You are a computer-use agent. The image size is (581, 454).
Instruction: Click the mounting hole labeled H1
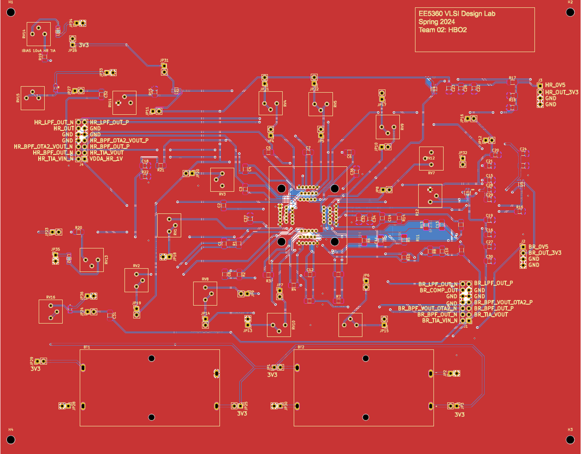(11, 12)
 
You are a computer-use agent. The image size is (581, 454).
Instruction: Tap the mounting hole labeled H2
(570, 12)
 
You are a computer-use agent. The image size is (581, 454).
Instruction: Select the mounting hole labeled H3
(570, 439)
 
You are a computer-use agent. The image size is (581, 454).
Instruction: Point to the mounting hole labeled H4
(11, 439)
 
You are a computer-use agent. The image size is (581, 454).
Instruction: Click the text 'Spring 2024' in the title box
(437, 21)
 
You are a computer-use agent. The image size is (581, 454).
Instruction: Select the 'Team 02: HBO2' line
(443, 30)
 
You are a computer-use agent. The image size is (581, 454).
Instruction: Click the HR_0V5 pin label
(555, 85)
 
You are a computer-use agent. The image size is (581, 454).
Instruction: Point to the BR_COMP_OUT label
(439, 290)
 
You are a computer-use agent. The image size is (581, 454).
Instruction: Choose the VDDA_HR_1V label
(106, 159)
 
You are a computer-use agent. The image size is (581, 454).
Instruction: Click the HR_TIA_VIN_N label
(55, 159)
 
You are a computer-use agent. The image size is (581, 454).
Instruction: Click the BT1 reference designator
(86, 347)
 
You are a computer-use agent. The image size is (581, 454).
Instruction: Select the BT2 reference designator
(301, 347)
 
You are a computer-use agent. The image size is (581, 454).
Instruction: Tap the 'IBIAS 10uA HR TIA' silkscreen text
(39, 51)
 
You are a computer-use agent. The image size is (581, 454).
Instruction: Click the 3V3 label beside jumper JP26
(84, 45)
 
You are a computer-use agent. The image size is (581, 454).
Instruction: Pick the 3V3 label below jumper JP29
(36, 369)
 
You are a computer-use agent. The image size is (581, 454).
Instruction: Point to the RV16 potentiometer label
(50, 297)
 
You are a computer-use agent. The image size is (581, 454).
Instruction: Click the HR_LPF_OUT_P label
(109, 122)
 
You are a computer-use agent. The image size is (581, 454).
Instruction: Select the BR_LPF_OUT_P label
(493, 283)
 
